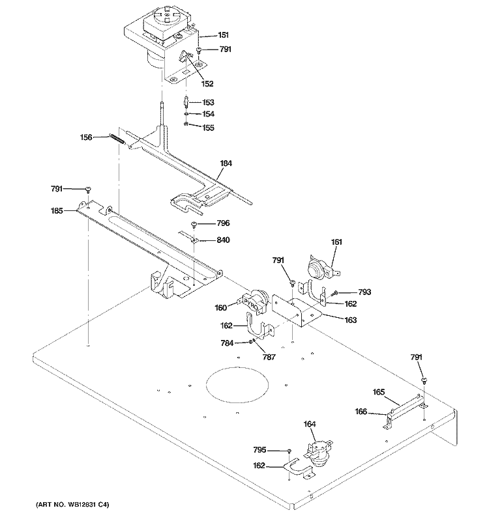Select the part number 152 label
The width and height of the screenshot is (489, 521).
(x=207, y=83)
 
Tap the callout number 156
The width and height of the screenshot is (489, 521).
(x=87, y=137)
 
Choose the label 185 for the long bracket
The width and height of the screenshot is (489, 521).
(x=58, y=211)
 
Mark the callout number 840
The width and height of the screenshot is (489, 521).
(x=223, y=240)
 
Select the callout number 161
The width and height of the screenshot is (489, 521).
(x=336, y=242)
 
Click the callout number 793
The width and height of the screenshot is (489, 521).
(x=364, y=292)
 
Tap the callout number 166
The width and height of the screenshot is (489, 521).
(x=361, y=412)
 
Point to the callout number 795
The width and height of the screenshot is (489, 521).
(x=259, y=449)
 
